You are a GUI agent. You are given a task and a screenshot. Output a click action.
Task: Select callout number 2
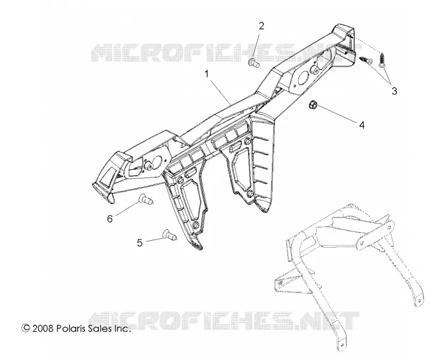[262, 26]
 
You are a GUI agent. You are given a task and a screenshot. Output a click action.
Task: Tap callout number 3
[394, 91]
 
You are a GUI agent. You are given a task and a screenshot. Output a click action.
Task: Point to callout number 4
[362, 125]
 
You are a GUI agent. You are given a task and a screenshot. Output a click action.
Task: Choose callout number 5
[140, 243]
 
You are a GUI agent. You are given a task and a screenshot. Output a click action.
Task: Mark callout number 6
[110, 218]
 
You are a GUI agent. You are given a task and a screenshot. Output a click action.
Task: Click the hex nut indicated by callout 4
[313, 105]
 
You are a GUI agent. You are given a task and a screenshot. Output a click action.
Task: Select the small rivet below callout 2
[253, 62]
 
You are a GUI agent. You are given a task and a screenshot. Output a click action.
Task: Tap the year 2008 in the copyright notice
[43, 328]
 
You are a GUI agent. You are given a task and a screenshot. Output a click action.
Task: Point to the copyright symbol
[26, 328]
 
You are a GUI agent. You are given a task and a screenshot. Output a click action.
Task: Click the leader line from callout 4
[337, 114]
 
